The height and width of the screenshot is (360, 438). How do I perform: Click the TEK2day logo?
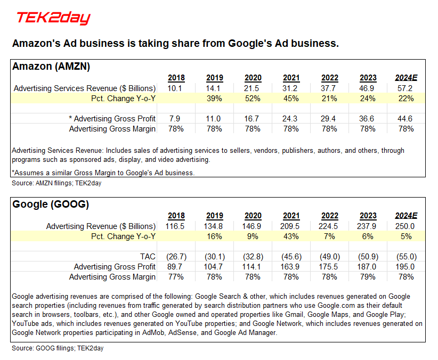(53, 18)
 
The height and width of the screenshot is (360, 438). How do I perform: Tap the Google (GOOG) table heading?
(51, 204)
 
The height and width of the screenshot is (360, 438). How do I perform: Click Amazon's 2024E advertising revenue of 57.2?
(406, 88)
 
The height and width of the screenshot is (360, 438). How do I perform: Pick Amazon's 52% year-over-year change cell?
(253, 99)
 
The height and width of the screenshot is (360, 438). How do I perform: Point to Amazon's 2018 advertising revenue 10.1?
(176, 88)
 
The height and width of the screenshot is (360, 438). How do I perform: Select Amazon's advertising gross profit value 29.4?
(329, 118)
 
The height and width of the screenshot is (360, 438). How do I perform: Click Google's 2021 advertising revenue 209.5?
(291, 226)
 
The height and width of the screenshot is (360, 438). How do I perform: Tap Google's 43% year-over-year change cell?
(291, 236)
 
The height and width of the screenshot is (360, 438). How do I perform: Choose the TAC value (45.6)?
(291, 256)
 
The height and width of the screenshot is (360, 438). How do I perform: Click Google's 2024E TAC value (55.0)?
(406, 256)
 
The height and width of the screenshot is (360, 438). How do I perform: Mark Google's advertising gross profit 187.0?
(368, 266)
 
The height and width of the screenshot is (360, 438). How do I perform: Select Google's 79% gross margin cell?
(368, 276)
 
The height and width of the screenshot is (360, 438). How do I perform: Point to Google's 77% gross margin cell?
(176, 276)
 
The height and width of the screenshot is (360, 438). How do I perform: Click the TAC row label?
(148, 256)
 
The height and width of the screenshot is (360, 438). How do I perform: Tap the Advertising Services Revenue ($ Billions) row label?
(85, 88)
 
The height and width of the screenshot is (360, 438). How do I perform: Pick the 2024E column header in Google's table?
(406, 216)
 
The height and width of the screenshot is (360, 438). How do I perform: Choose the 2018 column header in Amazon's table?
(176, 78)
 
